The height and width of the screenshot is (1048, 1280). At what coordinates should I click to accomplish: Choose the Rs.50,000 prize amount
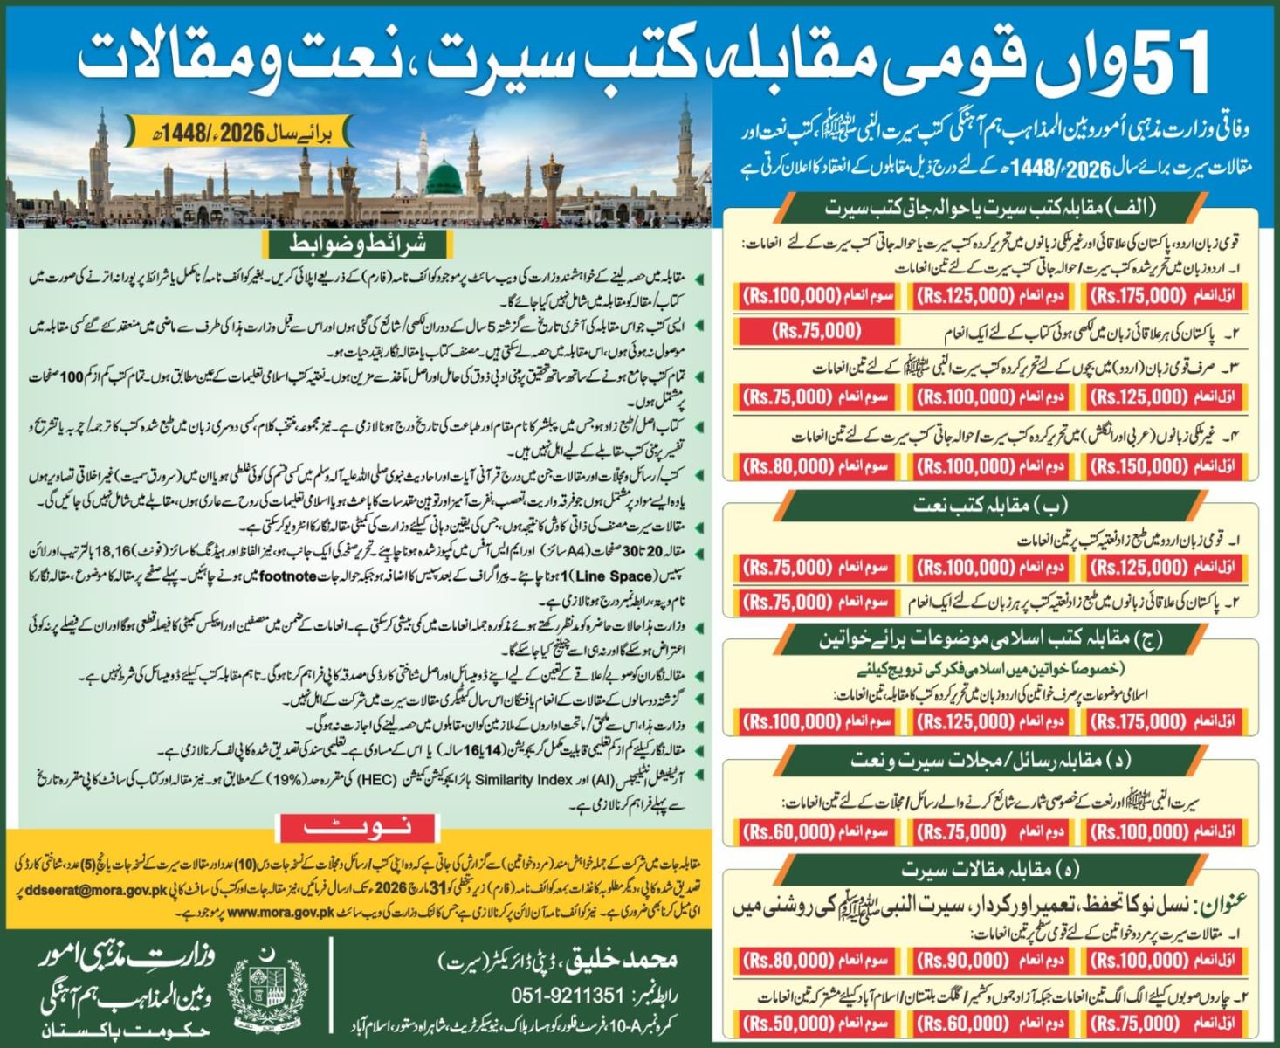788,1022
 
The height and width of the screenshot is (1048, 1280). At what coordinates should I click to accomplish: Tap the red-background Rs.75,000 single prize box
816,331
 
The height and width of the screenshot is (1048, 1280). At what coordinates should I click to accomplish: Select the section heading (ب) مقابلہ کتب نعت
990,506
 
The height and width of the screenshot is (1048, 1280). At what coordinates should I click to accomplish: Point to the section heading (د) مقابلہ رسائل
990,761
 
